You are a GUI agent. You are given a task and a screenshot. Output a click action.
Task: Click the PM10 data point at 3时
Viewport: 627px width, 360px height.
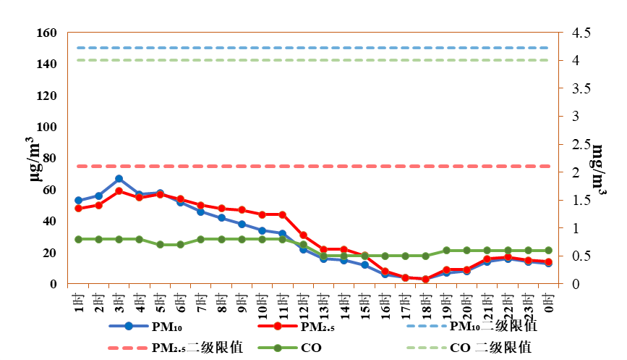119,179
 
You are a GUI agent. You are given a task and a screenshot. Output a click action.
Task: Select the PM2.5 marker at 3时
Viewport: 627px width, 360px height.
119,191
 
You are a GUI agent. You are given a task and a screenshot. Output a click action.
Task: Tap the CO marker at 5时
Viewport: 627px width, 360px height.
160,244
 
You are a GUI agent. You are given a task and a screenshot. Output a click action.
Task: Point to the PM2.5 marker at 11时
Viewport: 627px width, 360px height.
282,214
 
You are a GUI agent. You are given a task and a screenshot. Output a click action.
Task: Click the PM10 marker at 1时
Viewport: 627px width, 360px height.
78,200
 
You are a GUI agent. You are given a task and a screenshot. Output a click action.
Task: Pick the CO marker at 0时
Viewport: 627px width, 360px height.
548,251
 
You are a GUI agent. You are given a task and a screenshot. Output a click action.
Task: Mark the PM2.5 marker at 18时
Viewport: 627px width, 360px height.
425,279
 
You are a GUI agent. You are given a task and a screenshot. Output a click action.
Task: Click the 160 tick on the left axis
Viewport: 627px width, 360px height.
47,33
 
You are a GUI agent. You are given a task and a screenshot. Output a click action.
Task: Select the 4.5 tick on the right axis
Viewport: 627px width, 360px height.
581,33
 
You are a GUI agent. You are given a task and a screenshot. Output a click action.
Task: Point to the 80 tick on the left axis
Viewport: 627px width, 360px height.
50,158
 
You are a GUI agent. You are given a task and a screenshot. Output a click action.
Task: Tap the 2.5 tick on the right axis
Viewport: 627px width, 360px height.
581,144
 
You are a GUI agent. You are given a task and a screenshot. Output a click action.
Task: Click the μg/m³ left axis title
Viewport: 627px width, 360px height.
35,159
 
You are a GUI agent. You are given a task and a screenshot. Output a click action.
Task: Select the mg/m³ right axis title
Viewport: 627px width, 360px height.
599,169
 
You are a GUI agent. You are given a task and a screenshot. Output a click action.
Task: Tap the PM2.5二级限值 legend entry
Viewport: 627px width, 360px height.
176,347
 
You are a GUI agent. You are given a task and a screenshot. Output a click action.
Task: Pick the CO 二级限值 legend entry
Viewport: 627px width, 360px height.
469,347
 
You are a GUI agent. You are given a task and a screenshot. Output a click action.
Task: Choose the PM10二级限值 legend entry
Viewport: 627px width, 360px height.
472,326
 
